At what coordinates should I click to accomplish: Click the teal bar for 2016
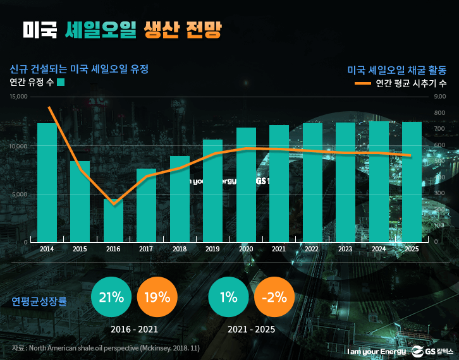113,220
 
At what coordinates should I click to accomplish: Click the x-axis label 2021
279,249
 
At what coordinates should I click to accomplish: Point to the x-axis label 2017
146,249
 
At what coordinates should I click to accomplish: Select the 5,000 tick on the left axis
20,194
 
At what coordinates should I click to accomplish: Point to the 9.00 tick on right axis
441,97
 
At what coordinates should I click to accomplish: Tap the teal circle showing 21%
111,297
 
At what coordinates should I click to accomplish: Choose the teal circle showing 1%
228,297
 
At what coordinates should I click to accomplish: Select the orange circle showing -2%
274,297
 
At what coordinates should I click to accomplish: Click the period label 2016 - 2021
134,330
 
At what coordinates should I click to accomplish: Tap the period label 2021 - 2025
251,330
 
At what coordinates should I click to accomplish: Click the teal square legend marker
61,82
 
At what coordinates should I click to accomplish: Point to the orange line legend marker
362,83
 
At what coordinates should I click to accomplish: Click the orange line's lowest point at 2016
113,204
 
